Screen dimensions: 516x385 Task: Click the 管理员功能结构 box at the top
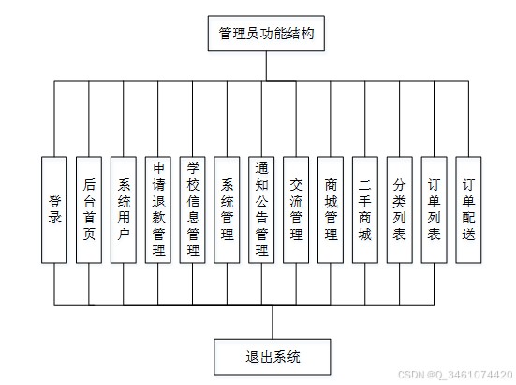(266, 34)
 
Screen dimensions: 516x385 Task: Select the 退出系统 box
(273, 357)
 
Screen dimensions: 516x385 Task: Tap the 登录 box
(54, 209)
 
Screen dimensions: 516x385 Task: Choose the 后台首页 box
(89, 209)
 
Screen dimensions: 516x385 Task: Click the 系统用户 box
(124, 209)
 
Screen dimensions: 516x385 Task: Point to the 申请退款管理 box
(158, 209)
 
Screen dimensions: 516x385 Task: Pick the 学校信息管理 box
(193, 209)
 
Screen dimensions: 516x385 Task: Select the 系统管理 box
(227, 209)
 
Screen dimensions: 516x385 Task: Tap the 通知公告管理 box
(261, 209)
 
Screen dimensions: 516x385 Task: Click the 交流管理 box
(296, 209)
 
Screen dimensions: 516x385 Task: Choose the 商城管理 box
(331, 209)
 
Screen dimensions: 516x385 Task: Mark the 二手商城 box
(365, 209)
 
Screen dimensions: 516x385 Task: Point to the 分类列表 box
(400, 209)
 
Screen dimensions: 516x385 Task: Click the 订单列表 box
(435, 209)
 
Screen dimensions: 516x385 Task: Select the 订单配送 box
(468, 209)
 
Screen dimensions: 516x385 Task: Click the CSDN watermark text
(455, 375)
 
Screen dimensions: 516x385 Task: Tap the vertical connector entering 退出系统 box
(273, 322)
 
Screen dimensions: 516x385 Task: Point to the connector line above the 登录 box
(54, 119)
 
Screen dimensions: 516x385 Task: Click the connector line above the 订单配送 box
(468, 119)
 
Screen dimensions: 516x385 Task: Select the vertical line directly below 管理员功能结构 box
(266, 66)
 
